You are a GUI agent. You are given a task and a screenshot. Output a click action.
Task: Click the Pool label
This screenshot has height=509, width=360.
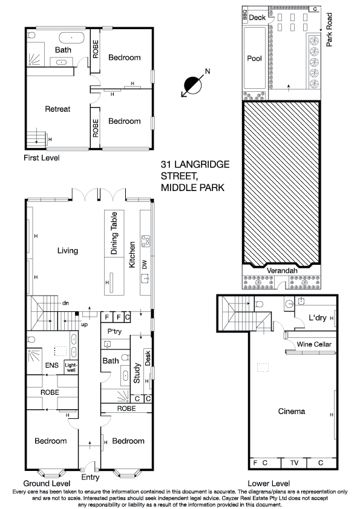[x=254, y=59]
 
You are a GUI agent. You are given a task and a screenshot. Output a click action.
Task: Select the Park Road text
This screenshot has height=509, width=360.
[x=329, y=30]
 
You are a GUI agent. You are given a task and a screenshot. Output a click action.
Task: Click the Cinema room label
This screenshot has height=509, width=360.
[x=292, y=412]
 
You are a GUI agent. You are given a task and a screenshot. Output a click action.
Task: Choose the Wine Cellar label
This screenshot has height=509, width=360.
[x=314, y=344]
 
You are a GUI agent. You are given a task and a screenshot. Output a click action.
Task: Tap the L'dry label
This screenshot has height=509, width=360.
[x=318, y=317]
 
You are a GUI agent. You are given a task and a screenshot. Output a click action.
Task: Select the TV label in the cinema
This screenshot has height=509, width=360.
[x=294, y=463]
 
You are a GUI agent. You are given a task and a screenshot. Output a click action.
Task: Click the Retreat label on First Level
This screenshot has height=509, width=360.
[x=58, y=109]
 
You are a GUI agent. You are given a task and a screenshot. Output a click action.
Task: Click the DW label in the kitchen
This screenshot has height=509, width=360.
[x=144, y=264]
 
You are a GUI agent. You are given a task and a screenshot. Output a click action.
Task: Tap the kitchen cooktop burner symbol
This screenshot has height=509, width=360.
[x=145, y=241]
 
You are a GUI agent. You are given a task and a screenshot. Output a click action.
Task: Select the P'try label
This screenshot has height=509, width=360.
[x=116, y=332]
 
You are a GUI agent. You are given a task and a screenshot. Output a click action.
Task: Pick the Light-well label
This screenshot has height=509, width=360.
[x=71, y=368]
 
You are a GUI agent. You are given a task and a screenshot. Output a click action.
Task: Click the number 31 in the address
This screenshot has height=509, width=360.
[x=166, y=164]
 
